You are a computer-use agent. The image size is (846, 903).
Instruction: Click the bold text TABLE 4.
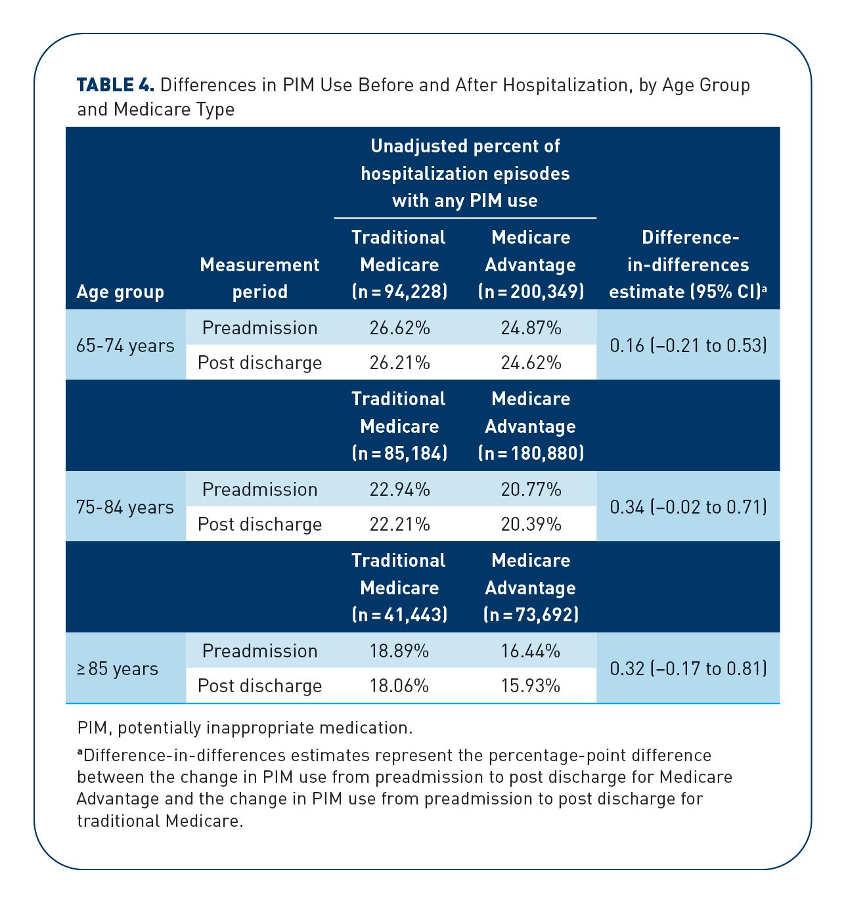point(116,85)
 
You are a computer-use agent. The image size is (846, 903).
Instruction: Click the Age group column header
point(120,292)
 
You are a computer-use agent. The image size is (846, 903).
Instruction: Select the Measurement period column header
point(259,278)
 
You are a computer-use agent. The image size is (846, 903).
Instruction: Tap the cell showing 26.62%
point(399,327)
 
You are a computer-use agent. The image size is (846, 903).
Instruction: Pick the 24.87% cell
point(531,327)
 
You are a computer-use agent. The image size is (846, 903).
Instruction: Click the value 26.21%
point(399,363)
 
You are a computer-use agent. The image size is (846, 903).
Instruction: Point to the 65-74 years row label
point(125,345)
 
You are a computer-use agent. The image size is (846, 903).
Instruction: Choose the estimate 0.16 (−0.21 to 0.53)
point(688,345)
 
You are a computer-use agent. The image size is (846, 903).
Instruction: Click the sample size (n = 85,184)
point(399,453)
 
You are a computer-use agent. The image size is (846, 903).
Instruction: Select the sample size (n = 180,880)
point(531,453)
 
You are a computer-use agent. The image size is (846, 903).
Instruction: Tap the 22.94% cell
point(399,489)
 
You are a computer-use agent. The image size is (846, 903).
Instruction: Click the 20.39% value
point(531,524)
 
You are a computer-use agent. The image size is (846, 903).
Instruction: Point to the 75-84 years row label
point(125,507)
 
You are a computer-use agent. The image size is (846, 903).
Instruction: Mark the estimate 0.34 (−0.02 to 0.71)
point(688,507)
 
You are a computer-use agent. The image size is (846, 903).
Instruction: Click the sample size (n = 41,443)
point(399,615)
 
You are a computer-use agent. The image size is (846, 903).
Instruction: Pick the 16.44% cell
point(530,651)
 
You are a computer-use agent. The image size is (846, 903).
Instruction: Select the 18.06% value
point(399,686)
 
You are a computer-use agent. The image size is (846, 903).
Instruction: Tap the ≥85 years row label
point(118,669)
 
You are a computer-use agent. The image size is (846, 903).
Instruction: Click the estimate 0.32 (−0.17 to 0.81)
point(688,669)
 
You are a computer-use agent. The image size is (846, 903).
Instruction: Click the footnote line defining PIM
point(245,728)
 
